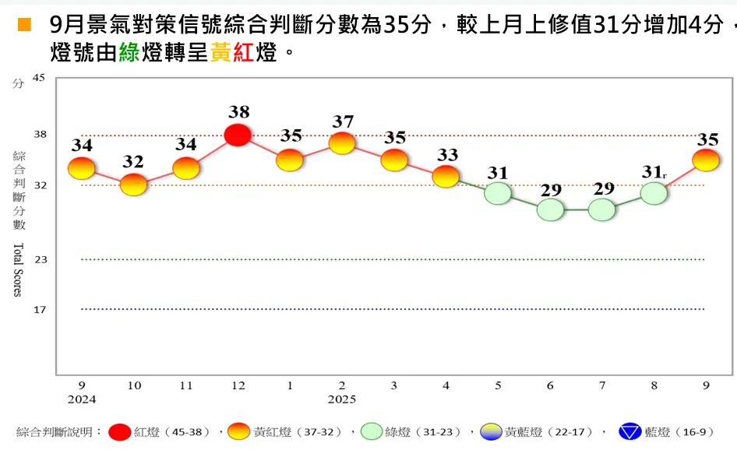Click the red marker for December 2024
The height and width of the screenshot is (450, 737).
(238, 135)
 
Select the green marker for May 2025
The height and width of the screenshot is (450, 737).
(498, 193)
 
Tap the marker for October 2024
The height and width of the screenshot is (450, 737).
(133, 185)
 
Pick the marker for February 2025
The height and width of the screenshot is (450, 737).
(342, 143)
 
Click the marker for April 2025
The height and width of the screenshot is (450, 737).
(446, 176)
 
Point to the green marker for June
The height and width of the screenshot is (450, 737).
(550, 209)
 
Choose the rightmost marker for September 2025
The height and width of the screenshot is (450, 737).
(705, 160)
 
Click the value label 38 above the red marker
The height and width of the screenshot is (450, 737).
(238, 111)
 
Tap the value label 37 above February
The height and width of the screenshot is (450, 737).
(342, 121)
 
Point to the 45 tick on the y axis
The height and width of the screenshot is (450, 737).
(40, 78)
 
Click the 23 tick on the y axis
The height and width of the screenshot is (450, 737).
(40, 259)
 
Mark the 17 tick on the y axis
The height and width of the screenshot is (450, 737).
(40, 309)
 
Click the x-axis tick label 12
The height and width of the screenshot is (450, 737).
(238, 386)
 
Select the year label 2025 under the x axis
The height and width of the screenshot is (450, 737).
(342, 399)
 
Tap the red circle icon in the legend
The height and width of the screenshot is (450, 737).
(120, 432)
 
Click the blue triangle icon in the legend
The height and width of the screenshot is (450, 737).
(629, 432)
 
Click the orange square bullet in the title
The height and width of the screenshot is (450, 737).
(24, 26)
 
